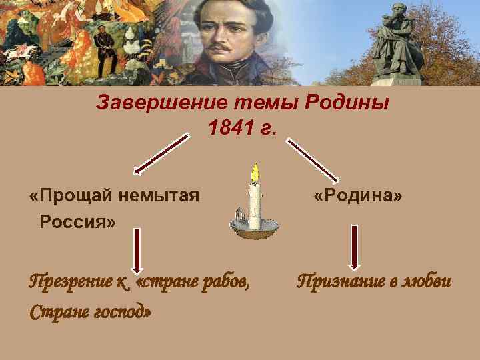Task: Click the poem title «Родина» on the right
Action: tap(359, 196)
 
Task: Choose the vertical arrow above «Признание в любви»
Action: tap(354, 245)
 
